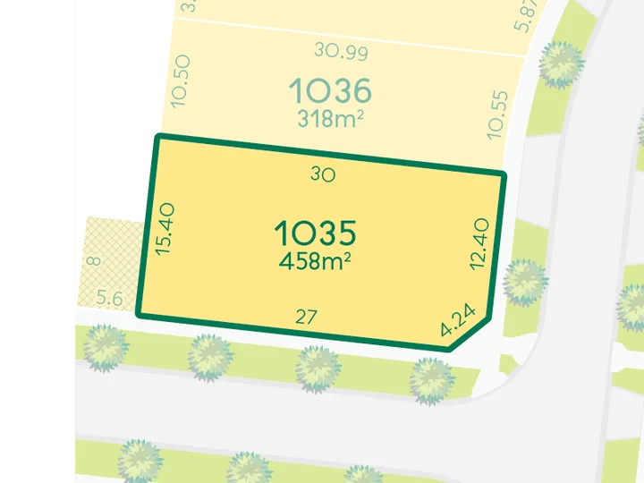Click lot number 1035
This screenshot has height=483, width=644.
[x=316, y=233]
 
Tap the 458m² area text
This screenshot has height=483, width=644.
[x=315, y=262]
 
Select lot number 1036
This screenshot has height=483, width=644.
[x=330, y=90]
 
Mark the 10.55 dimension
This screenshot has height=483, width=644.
[x=497, y=115]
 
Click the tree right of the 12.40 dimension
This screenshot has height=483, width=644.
[x=523, y=283]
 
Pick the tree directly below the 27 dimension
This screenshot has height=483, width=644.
[x=317, y=368]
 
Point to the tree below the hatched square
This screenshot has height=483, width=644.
[x=104, y=348]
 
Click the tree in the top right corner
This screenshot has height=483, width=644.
[x=562, y=64]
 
